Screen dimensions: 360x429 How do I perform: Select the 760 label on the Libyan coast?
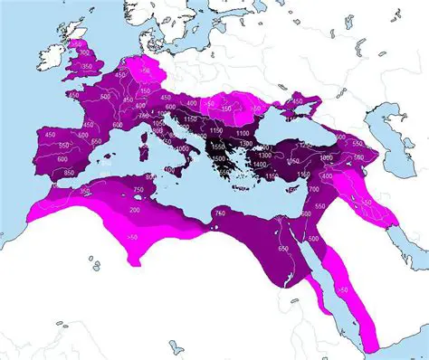[220, 212]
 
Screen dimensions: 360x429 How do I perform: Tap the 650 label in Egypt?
[282, 248]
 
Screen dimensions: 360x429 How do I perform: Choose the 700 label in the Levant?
[313, 190]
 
